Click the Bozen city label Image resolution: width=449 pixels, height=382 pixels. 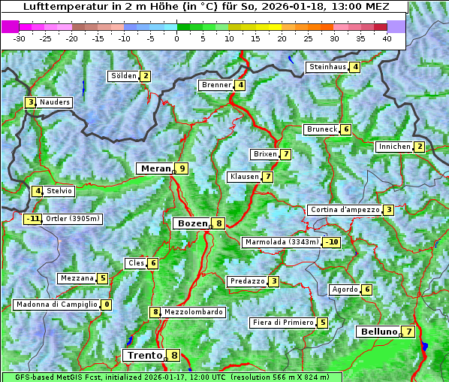pos(191,223)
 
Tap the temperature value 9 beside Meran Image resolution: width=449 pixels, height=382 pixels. pos(182,168)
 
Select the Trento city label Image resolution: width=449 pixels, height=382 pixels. pos(145,355)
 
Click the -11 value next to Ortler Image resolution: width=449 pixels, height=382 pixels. pos(32,220)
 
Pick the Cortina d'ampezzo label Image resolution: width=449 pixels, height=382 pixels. pos(344,210)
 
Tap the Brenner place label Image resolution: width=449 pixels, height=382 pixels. pos(216,85)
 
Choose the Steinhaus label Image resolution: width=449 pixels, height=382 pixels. pos(327,67)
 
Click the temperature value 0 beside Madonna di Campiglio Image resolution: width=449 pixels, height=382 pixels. pos(107,305)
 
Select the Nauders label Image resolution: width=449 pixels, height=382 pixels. pos(55,102)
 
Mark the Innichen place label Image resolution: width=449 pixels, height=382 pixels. pos(394,147)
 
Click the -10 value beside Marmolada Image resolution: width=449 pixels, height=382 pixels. pos(331,242)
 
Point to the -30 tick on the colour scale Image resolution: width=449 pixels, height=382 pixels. pos(20,38)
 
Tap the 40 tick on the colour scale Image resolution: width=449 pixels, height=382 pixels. pos(387,38)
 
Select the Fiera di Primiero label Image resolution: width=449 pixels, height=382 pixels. pos(282,323)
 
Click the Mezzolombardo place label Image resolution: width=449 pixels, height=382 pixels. pos(193,312)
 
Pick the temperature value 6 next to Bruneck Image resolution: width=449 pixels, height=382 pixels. pos(345,129)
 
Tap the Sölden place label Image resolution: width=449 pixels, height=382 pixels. pos(124,76)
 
